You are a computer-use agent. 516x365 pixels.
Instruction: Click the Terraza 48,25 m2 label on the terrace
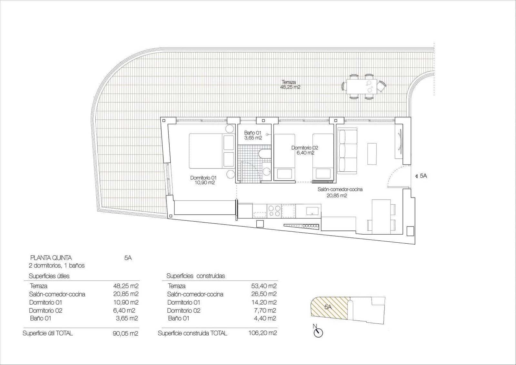(x=290, y=85)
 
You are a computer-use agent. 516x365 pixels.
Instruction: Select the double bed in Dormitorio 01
(x=211, y=151)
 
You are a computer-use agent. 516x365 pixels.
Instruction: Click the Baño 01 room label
(x=253, y=135)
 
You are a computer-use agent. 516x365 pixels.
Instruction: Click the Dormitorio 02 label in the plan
(x=305, y=150)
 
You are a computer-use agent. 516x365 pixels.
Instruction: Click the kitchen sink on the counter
(x=312, y=211)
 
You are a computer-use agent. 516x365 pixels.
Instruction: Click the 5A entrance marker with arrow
(x=421, y=176)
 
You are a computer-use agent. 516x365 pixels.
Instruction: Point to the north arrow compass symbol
(x=318, y=332)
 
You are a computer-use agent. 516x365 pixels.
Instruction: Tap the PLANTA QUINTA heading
(x=51, y=258)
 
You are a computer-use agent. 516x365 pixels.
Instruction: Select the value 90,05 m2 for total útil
(x=125, y=333)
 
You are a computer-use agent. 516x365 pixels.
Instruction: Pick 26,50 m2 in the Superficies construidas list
(x=263, y=294)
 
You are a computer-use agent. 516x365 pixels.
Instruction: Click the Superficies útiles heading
(x=49, y=276)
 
